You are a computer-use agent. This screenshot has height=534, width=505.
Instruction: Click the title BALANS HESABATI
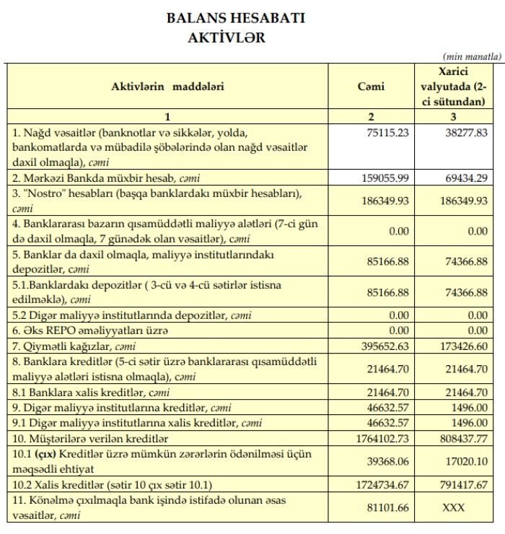point(235,18)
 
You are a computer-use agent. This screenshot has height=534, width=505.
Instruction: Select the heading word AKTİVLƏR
point(226,38)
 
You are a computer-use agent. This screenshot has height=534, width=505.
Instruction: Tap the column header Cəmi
point(371,87)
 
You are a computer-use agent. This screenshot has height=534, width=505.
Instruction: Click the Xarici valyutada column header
point(453,87)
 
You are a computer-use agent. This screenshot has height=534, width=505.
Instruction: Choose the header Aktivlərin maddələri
point(167,87)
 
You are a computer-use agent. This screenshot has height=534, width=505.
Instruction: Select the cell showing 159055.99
point(386,176)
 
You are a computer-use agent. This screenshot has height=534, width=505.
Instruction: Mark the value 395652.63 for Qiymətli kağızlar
point(386,347)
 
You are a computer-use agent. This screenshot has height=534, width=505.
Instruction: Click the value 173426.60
point(465,347)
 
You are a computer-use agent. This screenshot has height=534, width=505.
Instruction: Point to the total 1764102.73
point(383,438)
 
